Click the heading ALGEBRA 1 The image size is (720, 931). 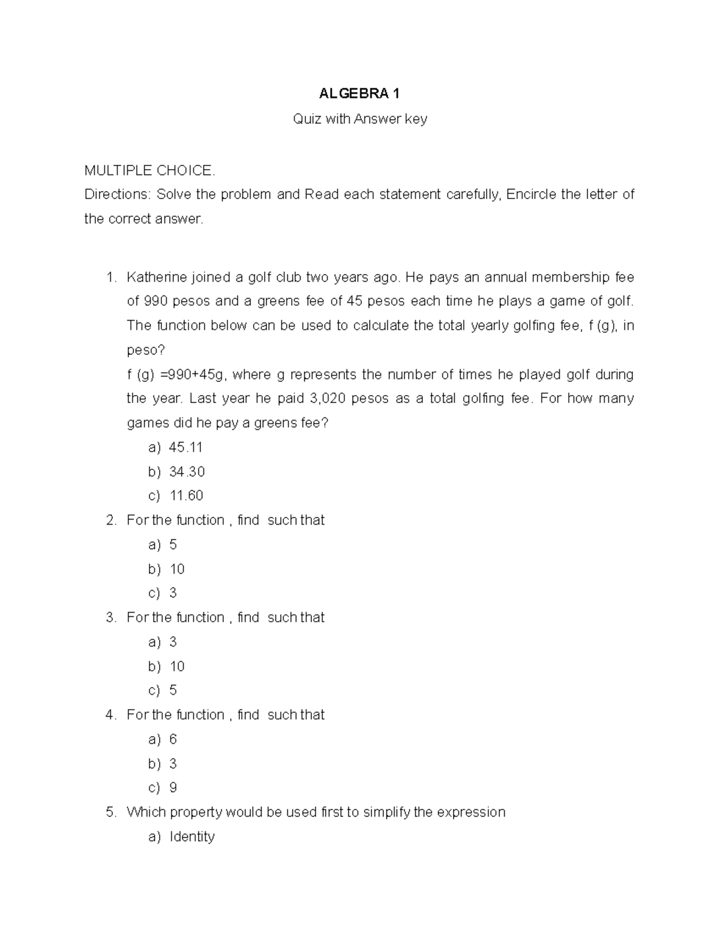pos(359,94)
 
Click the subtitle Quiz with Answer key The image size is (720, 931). pos(359,119)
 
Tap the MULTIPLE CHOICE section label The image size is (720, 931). pos(149,171)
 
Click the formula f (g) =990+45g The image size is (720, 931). pos(175,375)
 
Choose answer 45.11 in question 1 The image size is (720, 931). pos(186,447)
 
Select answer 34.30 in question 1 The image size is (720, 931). pos(187,472)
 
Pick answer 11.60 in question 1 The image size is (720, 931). pos(187,496)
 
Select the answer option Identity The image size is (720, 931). pos(192,837)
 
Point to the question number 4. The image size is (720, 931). pos(110,715)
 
